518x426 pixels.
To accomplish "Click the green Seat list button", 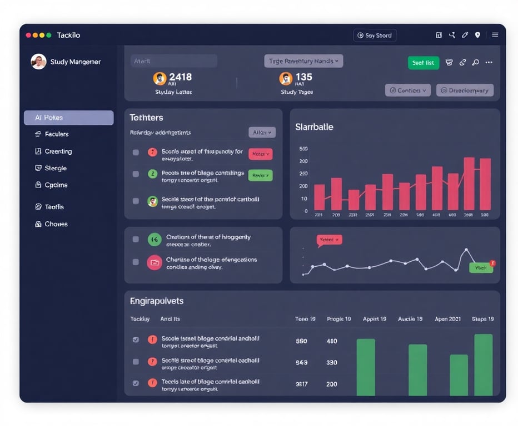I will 423,63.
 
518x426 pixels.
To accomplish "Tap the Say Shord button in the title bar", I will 375,35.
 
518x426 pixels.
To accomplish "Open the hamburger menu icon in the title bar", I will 495,35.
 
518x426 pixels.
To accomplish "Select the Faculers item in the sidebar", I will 56,134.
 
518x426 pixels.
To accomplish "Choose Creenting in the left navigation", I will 58,151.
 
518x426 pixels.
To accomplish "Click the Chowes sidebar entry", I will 56,224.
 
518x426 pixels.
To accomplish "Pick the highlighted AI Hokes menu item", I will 68,118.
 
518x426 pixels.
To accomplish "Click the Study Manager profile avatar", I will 38,62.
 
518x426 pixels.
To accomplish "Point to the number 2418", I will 180,77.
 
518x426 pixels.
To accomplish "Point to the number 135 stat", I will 303,77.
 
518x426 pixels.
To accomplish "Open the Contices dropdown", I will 407,90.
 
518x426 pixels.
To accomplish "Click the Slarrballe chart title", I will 314,127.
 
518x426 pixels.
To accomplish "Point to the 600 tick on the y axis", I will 303,149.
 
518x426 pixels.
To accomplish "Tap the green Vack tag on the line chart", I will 480,267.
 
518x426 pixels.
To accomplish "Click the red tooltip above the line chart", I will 329,240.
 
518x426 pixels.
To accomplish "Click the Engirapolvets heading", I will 157,301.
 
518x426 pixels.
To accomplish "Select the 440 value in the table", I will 332,341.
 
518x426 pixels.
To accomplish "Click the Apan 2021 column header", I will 448,319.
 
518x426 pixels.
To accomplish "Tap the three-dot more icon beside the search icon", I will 489,63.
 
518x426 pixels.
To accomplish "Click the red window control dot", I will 28,35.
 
